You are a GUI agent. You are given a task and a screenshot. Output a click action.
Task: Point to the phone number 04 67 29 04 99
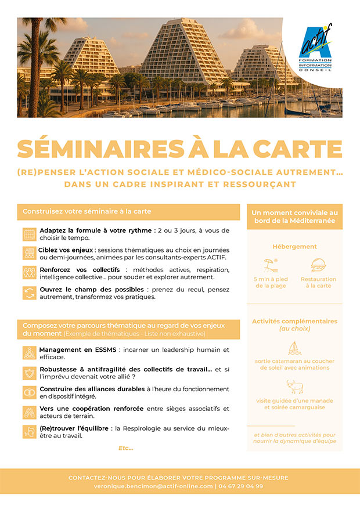[240, 486]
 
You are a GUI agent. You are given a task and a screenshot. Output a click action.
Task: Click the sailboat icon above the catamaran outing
[295, 348]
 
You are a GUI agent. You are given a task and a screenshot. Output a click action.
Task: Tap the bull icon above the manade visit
[295, 387]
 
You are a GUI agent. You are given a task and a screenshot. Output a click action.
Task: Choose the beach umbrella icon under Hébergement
[271, 266]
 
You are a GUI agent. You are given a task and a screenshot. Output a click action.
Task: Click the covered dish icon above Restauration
[318, 266]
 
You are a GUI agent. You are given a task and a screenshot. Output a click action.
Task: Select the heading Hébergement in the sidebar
[294, 247]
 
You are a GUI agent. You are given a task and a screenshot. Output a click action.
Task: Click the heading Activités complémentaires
[294, 322]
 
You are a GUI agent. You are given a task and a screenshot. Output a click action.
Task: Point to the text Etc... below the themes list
[125, 447]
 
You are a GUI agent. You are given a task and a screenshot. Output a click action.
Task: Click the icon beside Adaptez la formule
[29, 234]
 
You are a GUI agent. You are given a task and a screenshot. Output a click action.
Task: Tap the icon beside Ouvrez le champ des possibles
[29, 293]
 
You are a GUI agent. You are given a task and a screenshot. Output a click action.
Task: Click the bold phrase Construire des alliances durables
[84, 389]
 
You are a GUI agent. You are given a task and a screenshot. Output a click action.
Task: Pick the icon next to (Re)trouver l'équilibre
[29, 432]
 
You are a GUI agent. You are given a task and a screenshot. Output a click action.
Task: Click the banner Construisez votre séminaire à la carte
[128, 212]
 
